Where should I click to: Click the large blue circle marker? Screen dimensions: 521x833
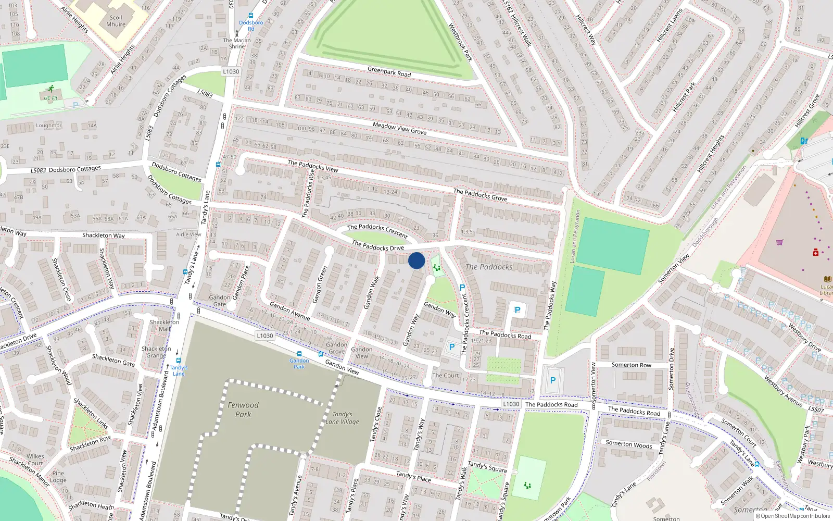coord(416,260)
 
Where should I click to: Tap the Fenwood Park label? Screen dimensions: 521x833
coord(243,410)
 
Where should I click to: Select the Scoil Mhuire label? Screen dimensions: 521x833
coord(116,21)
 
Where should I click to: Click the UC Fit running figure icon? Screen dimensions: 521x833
coord(51,89)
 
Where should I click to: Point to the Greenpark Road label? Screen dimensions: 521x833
coord(389,72)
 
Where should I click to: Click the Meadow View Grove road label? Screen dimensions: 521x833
coord(399,129)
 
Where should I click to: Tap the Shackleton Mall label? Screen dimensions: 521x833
coord(164,325)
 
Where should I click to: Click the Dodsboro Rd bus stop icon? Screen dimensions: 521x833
coord(251,16)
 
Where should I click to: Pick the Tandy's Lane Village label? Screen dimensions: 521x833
coord(342,418)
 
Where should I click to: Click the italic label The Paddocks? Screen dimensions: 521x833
coord(489,267)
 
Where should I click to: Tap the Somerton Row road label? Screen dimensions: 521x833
coord(631,365)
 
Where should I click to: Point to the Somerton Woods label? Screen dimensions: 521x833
coord(628,444)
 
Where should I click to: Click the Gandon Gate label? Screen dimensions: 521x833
coord(220,301)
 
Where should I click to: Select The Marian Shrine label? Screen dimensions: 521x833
coord(237,43)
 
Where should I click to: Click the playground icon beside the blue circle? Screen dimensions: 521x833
coord(437,267)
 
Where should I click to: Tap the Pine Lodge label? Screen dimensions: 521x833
coord(58,477)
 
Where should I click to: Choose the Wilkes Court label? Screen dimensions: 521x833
coord(35,460)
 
